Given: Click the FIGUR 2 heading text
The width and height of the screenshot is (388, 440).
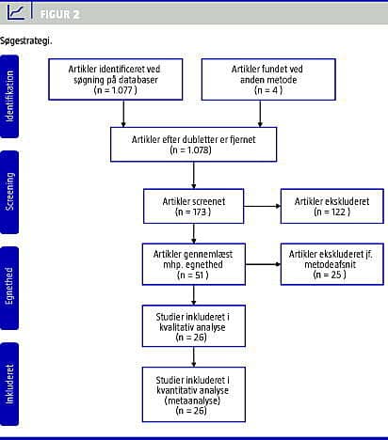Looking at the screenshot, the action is (59, 14).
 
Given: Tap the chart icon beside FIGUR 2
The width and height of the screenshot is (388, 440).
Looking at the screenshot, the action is (16, 12).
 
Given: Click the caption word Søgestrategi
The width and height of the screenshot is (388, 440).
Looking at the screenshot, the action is (26, 40).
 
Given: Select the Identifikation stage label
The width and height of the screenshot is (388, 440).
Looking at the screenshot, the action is (9, 96).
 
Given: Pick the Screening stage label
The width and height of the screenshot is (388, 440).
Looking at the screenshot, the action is (9, 192).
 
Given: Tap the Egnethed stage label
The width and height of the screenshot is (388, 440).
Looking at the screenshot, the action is (9, 286).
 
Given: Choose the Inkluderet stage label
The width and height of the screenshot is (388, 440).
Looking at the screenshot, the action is (9, 384).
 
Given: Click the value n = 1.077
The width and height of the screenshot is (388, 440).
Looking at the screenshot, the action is (116, 90).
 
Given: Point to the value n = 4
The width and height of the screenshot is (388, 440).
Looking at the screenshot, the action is (268, 90).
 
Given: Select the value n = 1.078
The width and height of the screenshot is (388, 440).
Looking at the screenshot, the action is (191, 150).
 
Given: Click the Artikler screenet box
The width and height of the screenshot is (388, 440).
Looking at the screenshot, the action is (194, 206).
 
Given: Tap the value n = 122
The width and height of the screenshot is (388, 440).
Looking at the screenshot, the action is (332, 212).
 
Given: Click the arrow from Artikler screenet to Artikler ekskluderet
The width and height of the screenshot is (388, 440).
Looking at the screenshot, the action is (263, 206).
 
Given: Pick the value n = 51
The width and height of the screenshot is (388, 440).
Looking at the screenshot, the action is (193, 275).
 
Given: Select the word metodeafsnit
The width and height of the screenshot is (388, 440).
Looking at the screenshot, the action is (331, 264).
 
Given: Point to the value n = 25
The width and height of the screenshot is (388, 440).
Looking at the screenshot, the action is (330, 275).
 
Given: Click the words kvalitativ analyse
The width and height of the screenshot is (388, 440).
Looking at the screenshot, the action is (192, 327).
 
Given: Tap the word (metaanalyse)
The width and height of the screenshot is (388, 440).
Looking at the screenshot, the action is (192, 401).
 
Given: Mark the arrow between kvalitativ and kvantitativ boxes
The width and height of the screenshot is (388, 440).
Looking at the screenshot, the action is (194, 357).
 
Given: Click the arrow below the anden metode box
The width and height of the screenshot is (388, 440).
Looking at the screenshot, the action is (260, 114).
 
